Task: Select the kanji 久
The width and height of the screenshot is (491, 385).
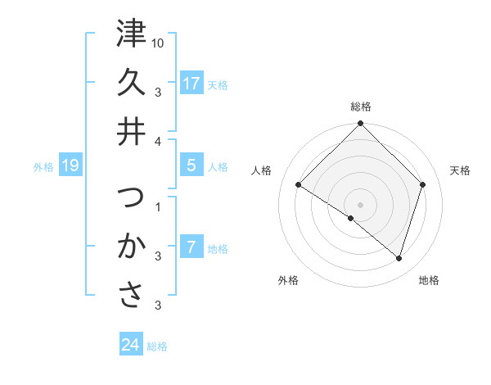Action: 131,82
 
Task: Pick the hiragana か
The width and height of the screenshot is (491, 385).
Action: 131,246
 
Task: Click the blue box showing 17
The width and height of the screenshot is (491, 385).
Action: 191,84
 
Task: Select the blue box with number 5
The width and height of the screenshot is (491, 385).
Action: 191,165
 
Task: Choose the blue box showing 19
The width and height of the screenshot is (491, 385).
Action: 70,166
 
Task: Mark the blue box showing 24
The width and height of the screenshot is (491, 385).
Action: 131,345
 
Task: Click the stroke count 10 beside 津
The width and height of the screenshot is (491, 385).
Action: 159,42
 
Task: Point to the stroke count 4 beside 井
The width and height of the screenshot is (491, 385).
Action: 158,142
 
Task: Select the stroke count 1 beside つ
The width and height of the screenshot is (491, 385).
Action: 158,206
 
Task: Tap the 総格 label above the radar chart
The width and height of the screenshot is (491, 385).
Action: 361,106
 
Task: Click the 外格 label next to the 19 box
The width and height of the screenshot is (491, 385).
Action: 43,167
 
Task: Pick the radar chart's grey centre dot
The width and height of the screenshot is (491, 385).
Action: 360,204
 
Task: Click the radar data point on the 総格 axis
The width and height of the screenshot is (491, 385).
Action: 360,125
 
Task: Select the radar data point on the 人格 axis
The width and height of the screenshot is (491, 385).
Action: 299,185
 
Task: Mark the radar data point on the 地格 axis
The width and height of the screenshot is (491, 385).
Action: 399,259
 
